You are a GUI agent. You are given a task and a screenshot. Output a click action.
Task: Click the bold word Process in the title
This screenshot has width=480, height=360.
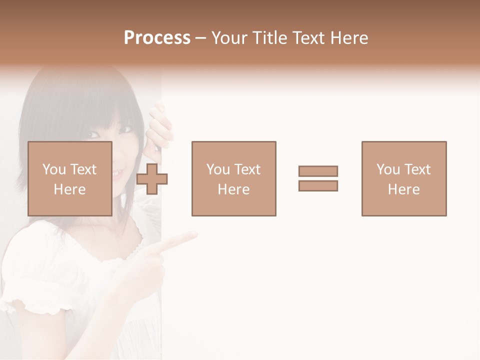coord(157,38)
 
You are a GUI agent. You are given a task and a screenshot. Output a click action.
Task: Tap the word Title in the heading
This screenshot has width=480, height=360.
coord(270,38)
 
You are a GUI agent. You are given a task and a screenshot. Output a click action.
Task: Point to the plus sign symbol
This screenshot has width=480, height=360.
coord(152,178)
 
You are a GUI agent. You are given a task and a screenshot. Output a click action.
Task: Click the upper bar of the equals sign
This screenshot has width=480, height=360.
coord(318,171)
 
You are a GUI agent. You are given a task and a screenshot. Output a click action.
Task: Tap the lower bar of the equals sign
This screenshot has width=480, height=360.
coord(318,186)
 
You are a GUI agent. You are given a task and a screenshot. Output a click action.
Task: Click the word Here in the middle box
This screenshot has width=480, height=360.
coord(233,189)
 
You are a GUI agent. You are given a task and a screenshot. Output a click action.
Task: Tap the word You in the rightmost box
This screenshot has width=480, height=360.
coord(388,169)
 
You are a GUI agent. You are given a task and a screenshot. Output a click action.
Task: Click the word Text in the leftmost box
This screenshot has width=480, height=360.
coord(83,169)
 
